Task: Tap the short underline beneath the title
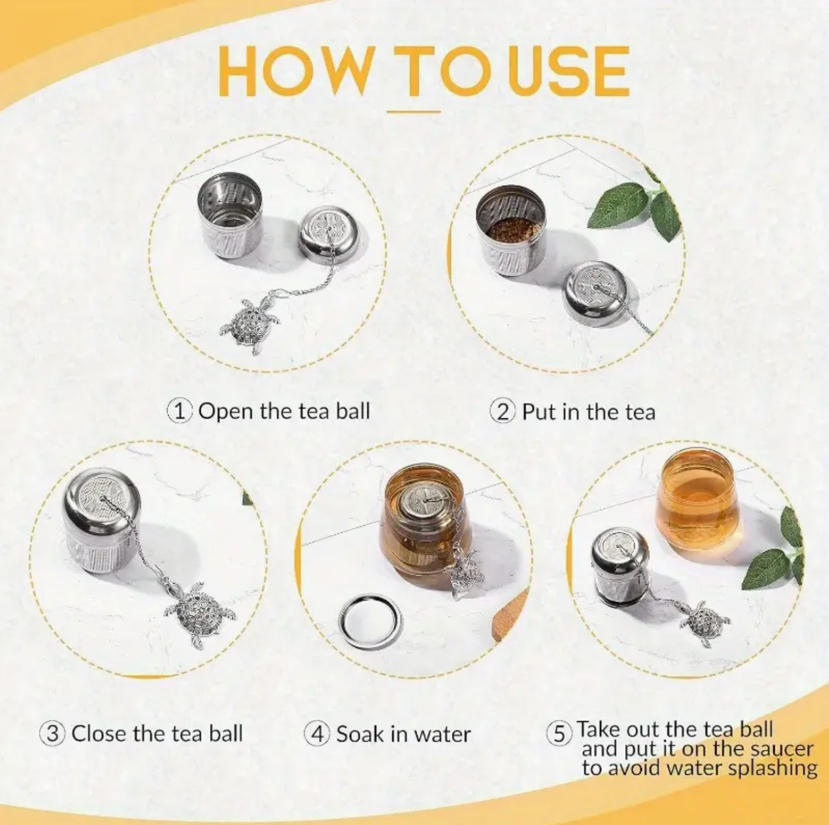414,112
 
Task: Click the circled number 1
179,410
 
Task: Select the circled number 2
503,410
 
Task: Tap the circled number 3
53,734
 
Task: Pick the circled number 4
317,734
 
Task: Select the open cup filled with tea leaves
510,223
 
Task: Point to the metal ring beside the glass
370,621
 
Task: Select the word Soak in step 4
360,734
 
